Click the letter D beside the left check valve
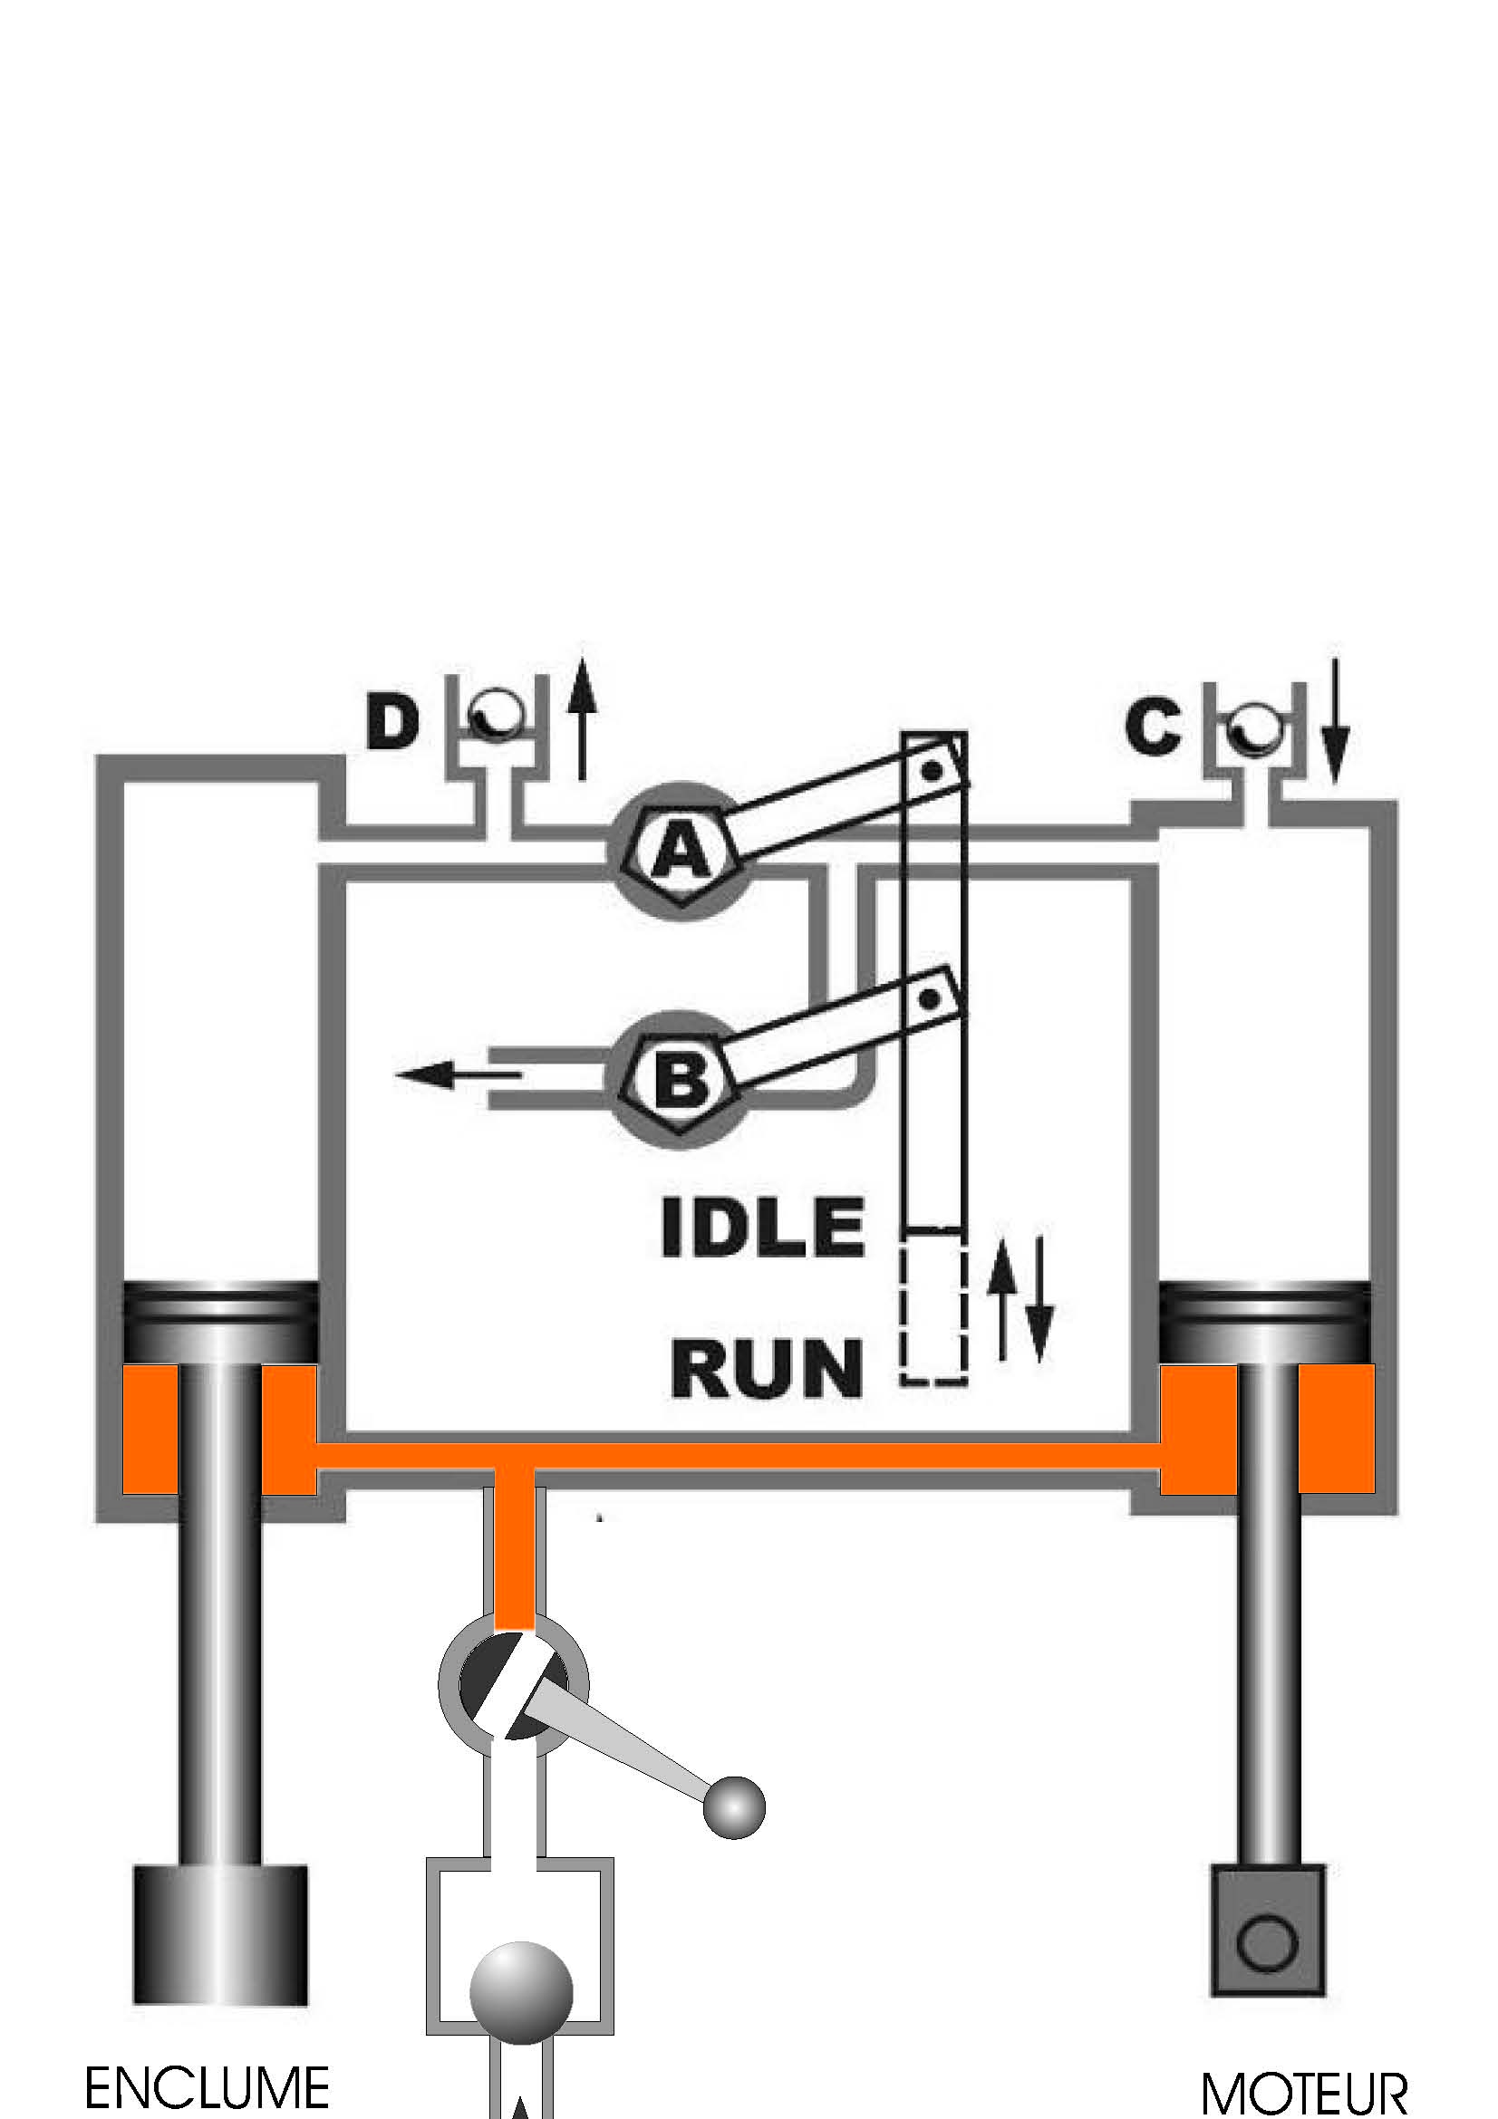click(392, 723)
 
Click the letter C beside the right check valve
click(1153, 727)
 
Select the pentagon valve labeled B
click(681, 1079)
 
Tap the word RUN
click(766, 1369)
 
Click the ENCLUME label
click(207, 2087)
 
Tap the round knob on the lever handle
click(734, 1806)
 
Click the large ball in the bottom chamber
click(521, 1992)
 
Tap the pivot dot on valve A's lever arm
click(934, 769)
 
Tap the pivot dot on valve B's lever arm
click(931, 998)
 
